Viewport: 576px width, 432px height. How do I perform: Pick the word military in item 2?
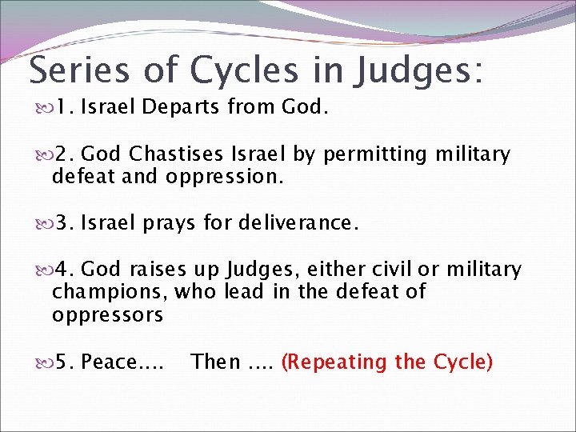(x=472, y=154)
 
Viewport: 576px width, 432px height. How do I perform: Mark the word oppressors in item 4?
(x=107, y=315)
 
